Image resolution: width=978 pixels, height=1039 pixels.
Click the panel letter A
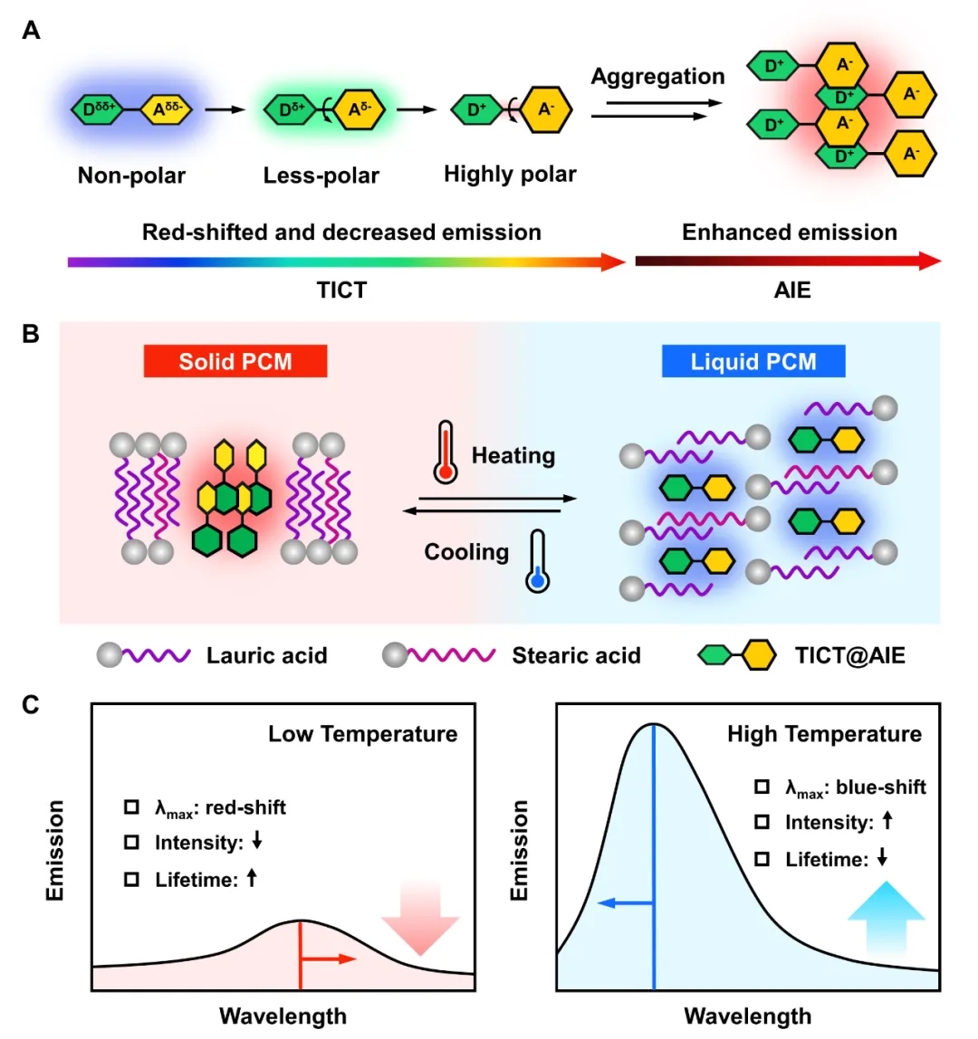click(31, 31)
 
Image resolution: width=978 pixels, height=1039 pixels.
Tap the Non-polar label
click(131, 176)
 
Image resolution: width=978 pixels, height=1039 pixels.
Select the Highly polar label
click(510, 174)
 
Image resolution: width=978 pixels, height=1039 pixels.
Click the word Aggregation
click(657, 77)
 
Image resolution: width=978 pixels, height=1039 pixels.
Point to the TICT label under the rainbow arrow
click(341, 291)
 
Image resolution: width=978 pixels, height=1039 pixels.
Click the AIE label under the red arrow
click(791, 291)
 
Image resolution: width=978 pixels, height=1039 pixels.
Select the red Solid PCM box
click(235, 362)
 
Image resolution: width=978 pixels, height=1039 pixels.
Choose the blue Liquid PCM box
click(753, 362)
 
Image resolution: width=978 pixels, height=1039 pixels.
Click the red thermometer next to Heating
click(445, 451)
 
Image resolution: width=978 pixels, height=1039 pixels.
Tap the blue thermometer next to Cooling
click(538, 561)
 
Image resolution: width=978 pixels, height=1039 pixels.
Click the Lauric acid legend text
click(266, 655)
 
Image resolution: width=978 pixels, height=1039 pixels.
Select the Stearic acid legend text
click(576, 655)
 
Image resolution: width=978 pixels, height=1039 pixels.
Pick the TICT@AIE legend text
click(849, 655)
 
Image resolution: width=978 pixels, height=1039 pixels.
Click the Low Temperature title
click(362, 734)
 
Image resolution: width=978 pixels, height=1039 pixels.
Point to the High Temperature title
click(824, 734)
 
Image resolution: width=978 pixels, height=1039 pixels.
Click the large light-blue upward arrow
click(886, 916)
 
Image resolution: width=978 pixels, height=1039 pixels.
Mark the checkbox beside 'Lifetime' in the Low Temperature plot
click(132, 879)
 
